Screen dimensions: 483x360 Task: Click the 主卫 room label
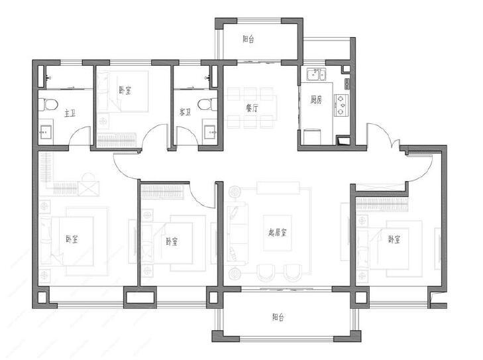pyautogui.click(x=70, y=113)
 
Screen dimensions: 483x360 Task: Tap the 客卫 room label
pyautogui.click(x=185, y=112)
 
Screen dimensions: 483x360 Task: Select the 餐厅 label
pyautogui.click(x=252, y=108)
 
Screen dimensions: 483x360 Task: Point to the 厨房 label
pyautogui.click(x=316, y=100)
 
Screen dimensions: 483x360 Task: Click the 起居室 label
pyautogui.click(x=277, y=232)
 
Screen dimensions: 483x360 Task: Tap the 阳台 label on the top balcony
pyautogui.click(x=248, y=39)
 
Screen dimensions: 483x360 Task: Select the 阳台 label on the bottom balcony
pyautogui.click(x=278, y=317)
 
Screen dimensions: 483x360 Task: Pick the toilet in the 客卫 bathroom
pyautogui.click(x=206, y=105)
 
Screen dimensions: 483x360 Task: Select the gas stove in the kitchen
pyautogui.click(x=341, y=105)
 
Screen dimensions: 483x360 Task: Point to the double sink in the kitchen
pyautogui.click(x=316, y=75)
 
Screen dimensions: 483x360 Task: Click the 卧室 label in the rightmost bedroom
pyautogui.click(x=394, y=239)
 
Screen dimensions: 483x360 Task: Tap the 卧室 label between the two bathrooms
pyautogui.click(x=125, y=90)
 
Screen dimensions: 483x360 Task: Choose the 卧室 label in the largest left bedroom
pyautogui.click(x=72, y=239)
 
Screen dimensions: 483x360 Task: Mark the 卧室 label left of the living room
pyautogui.click(x=171, y=241)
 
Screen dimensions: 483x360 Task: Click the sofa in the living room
pyautogui.click(x=237, y=233)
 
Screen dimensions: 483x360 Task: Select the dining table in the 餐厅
pyautogui.click(x=252, y=108)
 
